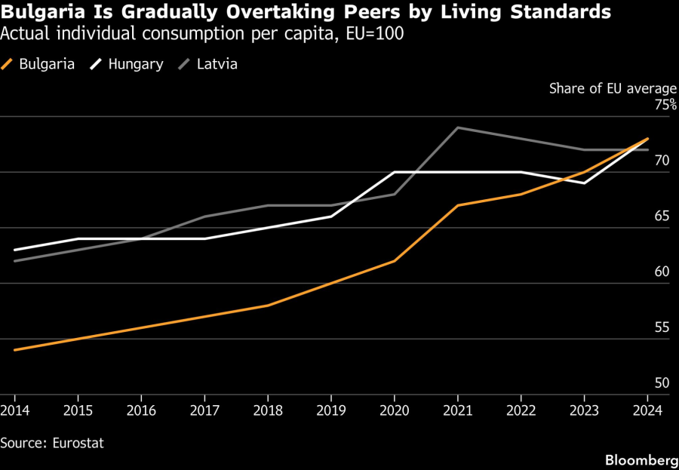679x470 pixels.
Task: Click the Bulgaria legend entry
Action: click(x=46, y=64)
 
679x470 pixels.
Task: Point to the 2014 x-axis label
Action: click(x=14, y=410)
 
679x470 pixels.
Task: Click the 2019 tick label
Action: click(x=331, y=410)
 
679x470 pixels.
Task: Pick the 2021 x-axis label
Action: click(x=458, y=410)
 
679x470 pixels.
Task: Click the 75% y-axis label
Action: click(x=666, y=105)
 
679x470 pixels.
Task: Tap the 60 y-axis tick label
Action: click(x=662, y=272)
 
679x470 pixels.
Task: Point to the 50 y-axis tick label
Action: click(x=662, y=383)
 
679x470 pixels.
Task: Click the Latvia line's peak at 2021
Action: click(x=458, y=127)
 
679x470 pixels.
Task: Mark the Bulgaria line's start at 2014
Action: click(x=15, y=350)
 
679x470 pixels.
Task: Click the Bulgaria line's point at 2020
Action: click(x=395, y=261)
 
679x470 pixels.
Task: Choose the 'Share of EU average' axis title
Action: click(x=613, y=88)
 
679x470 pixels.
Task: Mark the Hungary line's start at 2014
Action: click(x=15, y=250)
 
